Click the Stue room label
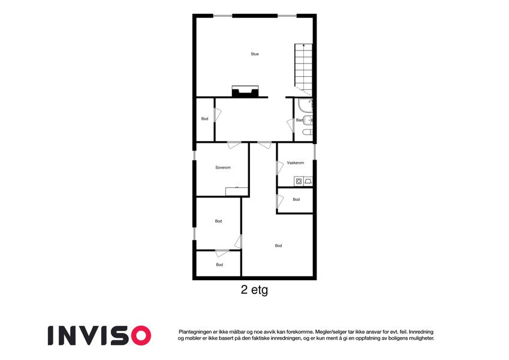(254, 54)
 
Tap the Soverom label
(223, 167)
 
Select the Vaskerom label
(296, 163)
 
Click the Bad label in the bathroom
(299, 120)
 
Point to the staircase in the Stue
(303, 70)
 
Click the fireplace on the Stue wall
(245, 91)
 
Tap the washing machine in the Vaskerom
(299, 182)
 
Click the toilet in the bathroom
(308, 132)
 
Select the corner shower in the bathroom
(306, 106)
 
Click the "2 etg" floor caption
(254, 289)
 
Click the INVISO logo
(100, 335)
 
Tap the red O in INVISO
(141, 335)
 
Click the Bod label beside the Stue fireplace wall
(204, 119)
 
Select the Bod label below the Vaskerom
(296, 199)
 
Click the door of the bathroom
(291, 125)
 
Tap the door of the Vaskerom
(280, 167)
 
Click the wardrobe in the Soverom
(237, 191)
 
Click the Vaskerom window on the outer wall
(315, 152)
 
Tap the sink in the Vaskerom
(308, 182)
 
